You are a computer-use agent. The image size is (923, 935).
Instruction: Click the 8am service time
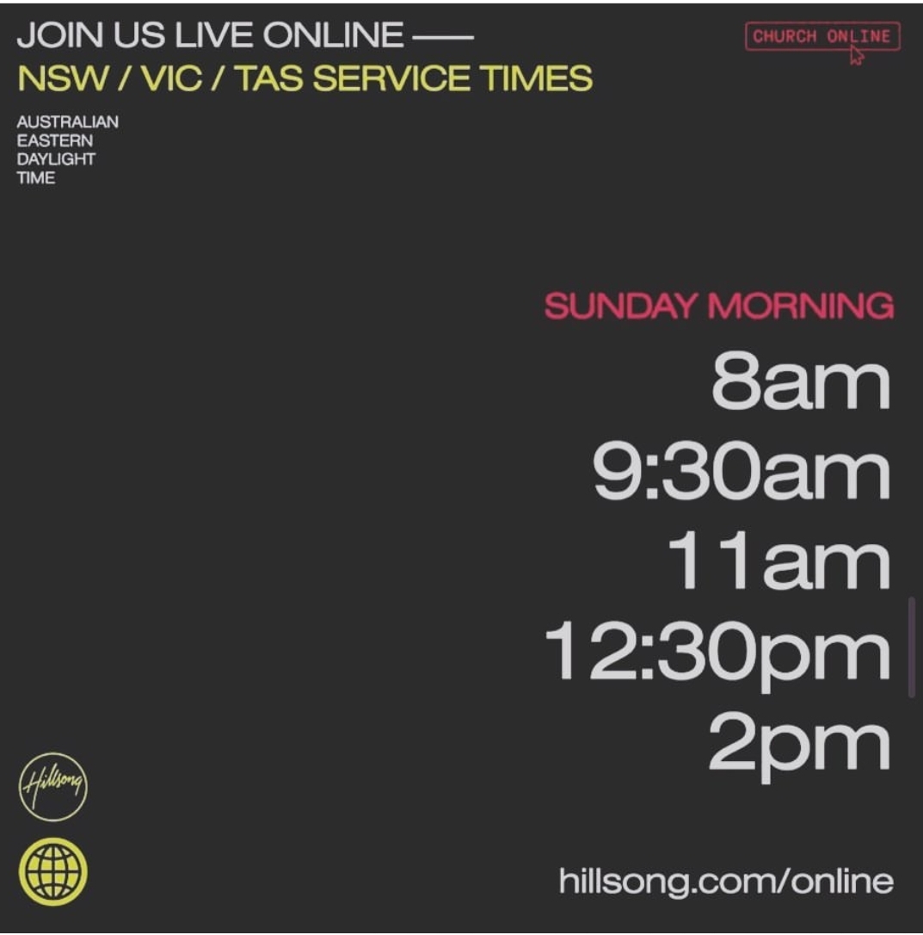tap(800, 381)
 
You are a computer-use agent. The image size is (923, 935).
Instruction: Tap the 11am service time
tap(778, 560)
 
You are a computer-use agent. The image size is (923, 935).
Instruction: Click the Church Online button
tap(822, 36)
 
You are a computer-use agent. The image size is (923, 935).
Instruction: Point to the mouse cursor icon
tap(856, 55)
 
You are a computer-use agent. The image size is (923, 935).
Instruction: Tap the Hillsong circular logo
tap(53, 787)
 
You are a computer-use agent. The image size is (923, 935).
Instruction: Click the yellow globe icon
tap(53, 872)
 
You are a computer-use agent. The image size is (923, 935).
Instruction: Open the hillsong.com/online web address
tap(726, 882)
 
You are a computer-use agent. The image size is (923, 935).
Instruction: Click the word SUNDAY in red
tap(621, 306)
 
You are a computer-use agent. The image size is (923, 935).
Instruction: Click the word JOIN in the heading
tap(59, 34)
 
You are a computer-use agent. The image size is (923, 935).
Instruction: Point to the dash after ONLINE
tap(443, 37)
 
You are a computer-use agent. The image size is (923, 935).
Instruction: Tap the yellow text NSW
tap(64, 78)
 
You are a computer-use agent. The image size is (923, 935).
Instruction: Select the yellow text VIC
tap(171, 78)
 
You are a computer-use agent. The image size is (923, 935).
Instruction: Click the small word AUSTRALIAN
tap(67, 121)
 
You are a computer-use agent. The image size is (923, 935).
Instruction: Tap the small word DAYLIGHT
tap(56, 159)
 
